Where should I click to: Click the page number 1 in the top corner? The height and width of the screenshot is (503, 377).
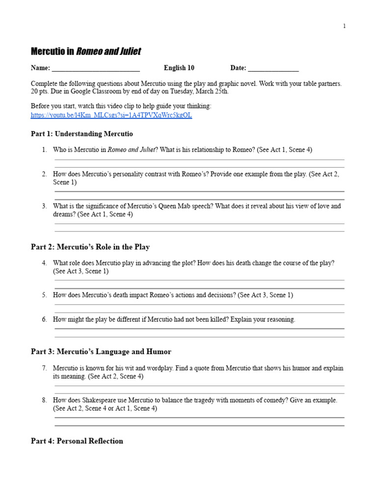[x=344, y=26]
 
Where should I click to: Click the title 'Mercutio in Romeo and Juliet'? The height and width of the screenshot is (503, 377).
[x=86, y=52]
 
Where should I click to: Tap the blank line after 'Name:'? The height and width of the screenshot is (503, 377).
[x=96, y=68]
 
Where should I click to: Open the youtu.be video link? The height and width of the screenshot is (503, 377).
[x=111, y=115]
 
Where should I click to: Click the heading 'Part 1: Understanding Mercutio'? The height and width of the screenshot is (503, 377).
[x=81, y=134]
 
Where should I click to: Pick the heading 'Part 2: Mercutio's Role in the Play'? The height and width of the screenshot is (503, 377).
[x=90, y=247]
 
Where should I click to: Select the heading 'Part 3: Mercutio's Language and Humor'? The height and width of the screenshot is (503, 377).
[x=101, y=352]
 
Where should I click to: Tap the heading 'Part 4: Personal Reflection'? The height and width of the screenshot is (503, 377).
[x=77, y=441]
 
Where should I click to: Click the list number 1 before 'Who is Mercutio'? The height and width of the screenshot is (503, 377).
[x=44, y=150]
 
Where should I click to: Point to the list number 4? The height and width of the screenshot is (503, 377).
[x=44, y=263]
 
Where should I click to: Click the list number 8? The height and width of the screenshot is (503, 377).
[x=44, y=400]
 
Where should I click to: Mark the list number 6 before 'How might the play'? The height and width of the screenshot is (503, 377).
[x=44, y=319]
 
